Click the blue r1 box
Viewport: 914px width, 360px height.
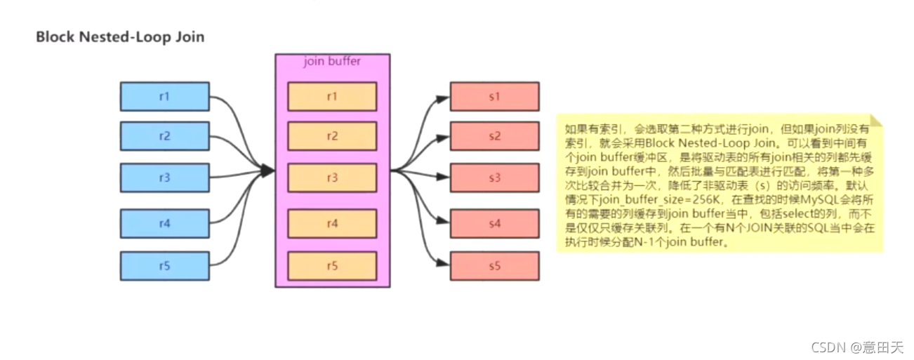164,96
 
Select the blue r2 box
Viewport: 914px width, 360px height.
164,136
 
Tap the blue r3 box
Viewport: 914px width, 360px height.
164,178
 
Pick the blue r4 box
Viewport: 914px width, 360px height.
164,223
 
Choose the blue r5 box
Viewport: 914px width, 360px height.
164,266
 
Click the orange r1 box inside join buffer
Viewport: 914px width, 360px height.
332,96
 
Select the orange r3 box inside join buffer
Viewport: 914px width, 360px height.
332,178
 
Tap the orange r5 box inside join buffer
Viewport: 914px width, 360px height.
332,266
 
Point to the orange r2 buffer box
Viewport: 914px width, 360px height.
332,136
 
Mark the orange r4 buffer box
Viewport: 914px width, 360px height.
332,223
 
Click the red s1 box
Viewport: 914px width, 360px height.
494,96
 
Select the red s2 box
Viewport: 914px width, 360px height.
494,136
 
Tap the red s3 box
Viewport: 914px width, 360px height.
494,178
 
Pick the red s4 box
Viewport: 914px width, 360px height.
494,223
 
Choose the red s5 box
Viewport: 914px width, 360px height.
494,266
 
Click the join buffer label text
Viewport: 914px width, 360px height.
332,61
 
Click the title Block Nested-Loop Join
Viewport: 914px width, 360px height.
120,36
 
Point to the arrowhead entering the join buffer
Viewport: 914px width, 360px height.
267,171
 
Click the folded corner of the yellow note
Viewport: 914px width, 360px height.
877,121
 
